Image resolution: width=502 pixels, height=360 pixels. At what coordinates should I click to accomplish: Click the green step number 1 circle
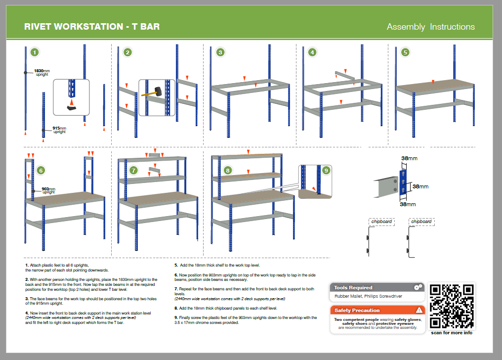(x=35, y=52)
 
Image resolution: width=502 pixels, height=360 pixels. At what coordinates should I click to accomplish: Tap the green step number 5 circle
(x=405, y=52)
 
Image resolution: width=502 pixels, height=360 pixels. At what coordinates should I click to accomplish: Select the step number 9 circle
(x=326, y=171)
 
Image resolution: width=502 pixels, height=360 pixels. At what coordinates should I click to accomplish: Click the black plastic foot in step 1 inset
(x=72, y=108)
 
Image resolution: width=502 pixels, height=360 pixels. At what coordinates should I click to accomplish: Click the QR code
(x=452, y=306)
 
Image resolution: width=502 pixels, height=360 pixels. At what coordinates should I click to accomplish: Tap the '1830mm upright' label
(x=42, y=72)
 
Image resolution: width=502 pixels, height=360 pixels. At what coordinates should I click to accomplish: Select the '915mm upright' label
(x=60, y=130)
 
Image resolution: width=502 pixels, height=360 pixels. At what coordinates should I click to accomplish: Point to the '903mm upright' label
(x=48, y=190)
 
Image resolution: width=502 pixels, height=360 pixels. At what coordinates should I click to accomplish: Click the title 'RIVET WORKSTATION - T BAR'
(x=92, y=27)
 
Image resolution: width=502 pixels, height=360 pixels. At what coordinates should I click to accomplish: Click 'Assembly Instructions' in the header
(x=431, y=27)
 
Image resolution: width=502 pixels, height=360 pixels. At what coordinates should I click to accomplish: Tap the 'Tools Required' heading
(x=353, y=288)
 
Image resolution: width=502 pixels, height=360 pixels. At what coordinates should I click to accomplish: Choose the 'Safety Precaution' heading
(x=357, y=311)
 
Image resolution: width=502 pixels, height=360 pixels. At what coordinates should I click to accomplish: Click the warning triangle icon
(x=419, y=310)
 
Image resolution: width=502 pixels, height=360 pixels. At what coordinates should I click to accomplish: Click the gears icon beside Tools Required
(x=418, y=287)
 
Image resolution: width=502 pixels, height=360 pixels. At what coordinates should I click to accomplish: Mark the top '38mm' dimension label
(x=409, y=158)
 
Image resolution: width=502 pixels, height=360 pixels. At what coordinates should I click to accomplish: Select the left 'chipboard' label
(x=381, y=222)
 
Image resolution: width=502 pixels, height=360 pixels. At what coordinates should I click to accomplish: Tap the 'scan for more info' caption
(x=452, y=333)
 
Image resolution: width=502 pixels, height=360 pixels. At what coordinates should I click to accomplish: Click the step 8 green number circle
(x=228, y=171)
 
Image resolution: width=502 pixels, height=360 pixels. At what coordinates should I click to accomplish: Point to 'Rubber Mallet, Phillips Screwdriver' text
(x=368, y=296)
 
